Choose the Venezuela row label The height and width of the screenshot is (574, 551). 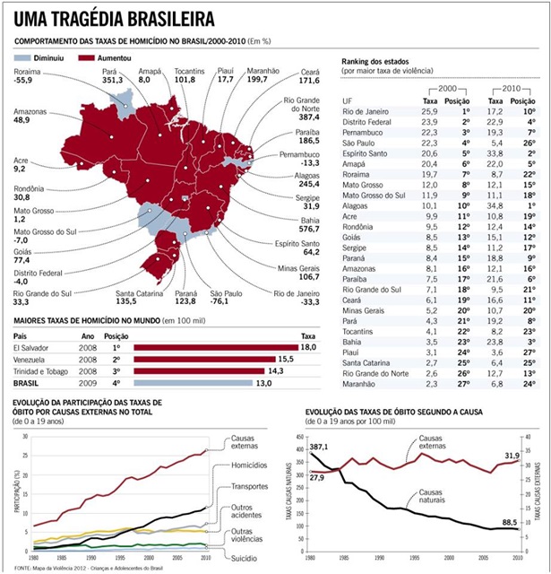coord(34,358)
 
